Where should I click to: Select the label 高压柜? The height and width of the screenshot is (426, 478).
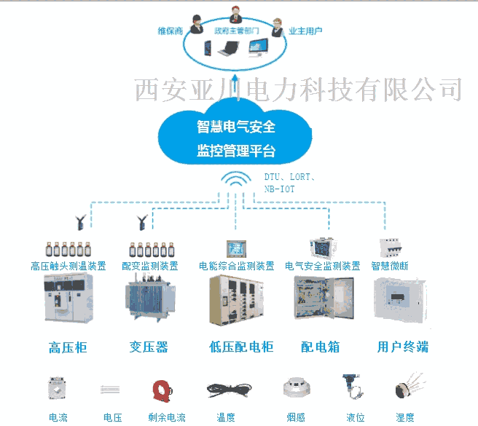(68, 347)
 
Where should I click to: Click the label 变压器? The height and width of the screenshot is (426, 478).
(149, 347)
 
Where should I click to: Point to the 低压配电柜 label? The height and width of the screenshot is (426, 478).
(241, 347)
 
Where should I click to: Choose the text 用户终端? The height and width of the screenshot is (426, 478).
(403, 347)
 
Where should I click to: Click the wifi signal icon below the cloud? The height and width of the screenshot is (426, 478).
(236, 178)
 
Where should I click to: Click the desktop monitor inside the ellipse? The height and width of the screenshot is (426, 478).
(258, 48)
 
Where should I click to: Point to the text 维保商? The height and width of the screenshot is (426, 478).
(170, 31)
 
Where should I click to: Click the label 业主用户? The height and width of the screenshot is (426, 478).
(305, 31)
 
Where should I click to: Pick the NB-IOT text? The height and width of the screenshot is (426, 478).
(279, 189)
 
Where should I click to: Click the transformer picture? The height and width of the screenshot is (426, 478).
(150, 298)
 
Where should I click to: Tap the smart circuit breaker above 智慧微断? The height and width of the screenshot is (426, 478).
(390, 248)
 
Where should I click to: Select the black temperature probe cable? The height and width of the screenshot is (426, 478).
(230, 390)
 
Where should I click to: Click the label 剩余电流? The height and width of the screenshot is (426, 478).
(167, 417)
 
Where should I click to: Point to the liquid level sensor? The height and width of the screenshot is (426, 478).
(353, 387)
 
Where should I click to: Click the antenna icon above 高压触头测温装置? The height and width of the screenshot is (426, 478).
(81, 222)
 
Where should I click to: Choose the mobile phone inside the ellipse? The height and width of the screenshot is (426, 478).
(208, 48)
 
